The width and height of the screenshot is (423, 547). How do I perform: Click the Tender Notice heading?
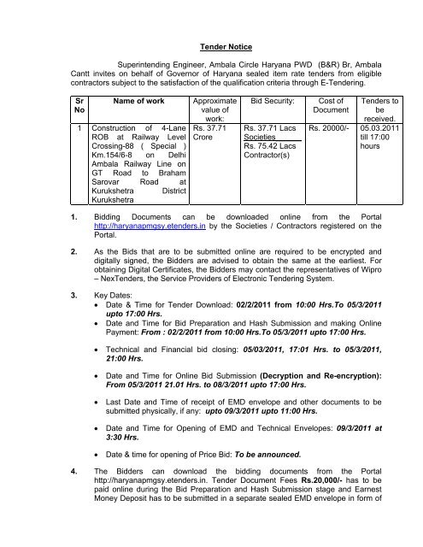click(x=211, y=50)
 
